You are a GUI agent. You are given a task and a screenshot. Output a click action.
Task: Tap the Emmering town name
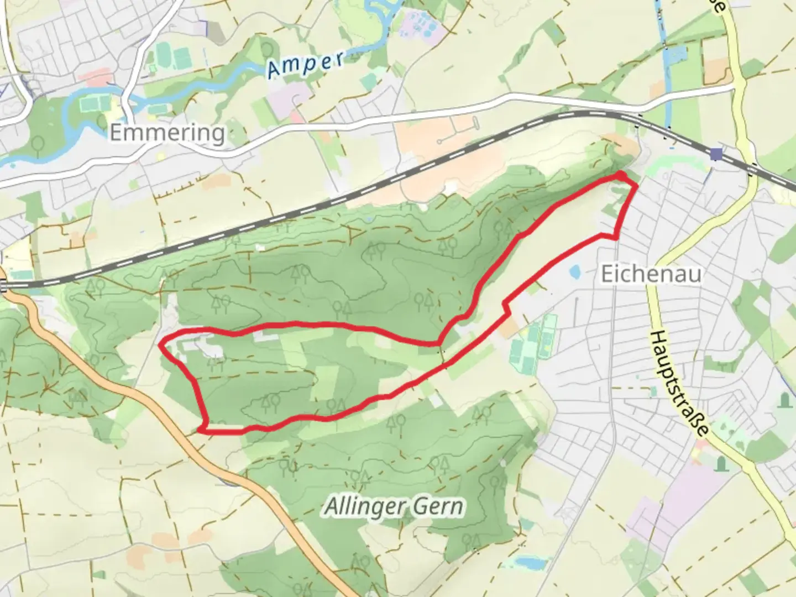pos(167,133)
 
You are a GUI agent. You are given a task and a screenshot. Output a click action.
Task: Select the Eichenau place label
pos(651,274)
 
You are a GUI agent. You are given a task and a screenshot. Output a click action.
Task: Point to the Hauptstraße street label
pos(679,385)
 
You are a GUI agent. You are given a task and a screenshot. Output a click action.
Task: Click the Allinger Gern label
pos(394,506)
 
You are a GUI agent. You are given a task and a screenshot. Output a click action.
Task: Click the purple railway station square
pos(717,154)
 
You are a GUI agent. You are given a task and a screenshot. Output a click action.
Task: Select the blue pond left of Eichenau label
pos(574,271)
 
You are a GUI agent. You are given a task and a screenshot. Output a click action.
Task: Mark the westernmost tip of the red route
pos(160,344)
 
